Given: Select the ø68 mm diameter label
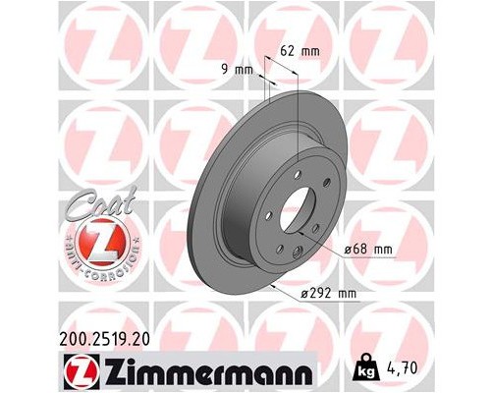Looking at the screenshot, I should (x=369, y=251).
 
